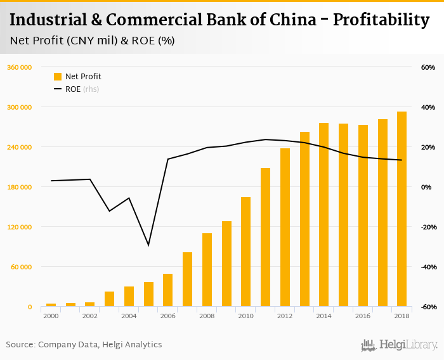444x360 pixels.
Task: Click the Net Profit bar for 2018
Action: pyautogui.click(x=402, y=209)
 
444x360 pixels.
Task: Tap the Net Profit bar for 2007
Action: pyautogui.click(x=187, y=280)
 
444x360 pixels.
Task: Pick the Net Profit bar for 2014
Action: pyautogui.click(x=323, y=215)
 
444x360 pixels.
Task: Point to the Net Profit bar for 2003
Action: pyautogui.click(x=110, y=299)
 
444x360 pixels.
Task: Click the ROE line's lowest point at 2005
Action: pyautogui.click(x=148, y=245)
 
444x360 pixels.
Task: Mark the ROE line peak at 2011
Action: pyautogui.click(x=265, y=139)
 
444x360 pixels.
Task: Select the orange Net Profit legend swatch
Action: pyautogui.click(x=58, y=77)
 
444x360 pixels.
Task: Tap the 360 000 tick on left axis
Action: pyautogui.click(x=19, y=67)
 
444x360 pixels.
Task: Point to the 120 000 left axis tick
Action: pyautogui.click(x=19, y=227)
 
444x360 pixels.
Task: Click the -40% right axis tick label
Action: pyautogui.click(x=427, y=267)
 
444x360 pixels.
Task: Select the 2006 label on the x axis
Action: pyautogui.click(x=168, y=316)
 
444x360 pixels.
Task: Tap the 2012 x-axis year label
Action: pyautogui.click(x=285, y=316)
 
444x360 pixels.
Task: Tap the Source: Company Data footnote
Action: pyautogui.click(x=84, y=345)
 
